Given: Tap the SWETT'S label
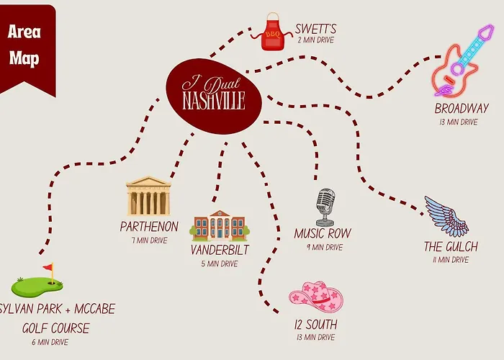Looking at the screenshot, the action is [x=315, y=29].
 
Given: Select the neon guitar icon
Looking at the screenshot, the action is [x=462, y=60].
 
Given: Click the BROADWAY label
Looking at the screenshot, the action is [x=462, y=108].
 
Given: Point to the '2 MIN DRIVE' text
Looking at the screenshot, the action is [x=315, y=40].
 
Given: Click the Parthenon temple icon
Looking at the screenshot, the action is [x=148, y=196].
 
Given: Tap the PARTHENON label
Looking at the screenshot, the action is [x=149, y=227].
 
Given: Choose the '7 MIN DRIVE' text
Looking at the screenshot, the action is [x=150, y=240].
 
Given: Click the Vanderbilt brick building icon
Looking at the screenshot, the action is [x=220, y=225].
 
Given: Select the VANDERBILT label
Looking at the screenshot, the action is [x=220, y=250].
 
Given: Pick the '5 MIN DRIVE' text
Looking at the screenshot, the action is [x=220, y=264].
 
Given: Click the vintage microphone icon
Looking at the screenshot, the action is [x=325, y=207].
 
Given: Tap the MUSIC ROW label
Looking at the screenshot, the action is [x=323, y=234].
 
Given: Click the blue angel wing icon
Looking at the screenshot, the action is [x=446, y=216].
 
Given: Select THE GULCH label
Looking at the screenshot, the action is [x=451, y=247].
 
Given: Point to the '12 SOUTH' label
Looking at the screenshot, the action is [x=316, y=325].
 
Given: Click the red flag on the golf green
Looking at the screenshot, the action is [x=48, y=267].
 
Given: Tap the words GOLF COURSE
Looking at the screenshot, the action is [x=55, y=328].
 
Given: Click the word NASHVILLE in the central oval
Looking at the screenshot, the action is [x=214, y=101].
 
